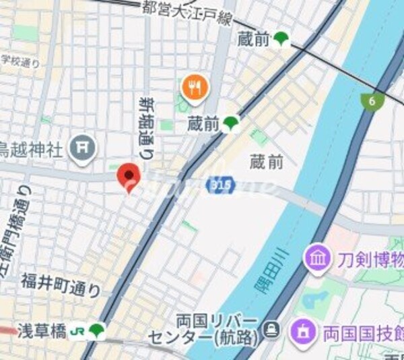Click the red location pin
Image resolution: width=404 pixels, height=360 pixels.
click(x=128, y=177)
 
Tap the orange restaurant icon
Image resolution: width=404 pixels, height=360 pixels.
click(x=195, y=87)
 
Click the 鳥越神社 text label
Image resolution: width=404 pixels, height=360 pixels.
click(x=32, y=148)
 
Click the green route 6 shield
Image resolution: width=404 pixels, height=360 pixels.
click(x=370, y=102)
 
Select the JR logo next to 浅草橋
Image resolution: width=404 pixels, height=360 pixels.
click(x=77, y=331)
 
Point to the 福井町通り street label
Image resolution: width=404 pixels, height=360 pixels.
click(x=60, y=284)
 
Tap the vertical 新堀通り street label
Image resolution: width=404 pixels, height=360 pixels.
click(x=146, y=127)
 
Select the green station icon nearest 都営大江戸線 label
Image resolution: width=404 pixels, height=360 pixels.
click(x=281, y=40)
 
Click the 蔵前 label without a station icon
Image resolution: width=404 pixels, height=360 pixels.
click(x=266, y=162)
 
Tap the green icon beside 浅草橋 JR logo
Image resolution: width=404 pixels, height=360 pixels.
click(x=97, y=330)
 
